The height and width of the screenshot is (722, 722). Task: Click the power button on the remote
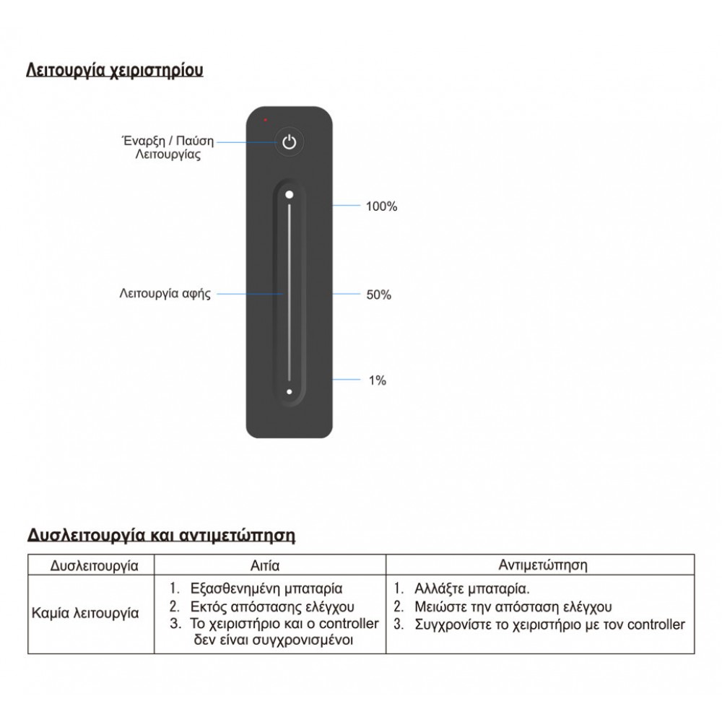pyautogui.click(x=289, y=142)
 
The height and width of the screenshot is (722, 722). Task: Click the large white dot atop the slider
pyautogui.click(x=289, y=194)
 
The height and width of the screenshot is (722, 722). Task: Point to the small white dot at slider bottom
pyautogui.click(x=289, y=392)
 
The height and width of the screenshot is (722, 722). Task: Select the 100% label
pyautogui.click(x=381, y=206)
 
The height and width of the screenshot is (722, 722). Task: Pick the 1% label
pyautogui.click(x=377, y=380)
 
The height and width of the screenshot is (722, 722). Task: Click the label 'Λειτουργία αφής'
pyautogui.click(x=165, y=295)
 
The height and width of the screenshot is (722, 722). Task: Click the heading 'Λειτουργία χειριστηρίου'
pyautogui.click(x=114, y=71)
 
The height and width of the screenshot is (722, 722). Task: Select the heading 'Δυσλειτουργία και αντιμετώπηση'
pyautogui.click(x=162, y=536)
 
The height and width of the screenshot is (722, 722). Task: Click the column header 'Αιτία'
pyautogui.click(x=266, y=565)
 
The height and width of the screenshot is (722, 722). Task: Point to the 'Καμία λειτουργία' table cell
pyautogui.click(x=85, y=614)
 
